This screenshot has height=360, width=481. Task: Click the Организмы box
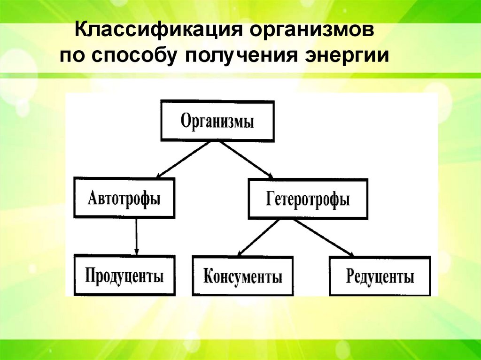click(x=217, y=121)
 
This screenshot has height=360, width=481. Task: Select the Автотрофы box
click(x=124, y=198)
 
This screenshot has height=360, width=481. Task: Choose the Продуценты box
click(x=124, y=275)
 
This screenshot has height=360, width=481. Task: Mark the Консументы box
click(x=242, y=276)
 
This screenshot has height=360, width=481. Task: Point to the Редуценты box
click(x=380, y=276)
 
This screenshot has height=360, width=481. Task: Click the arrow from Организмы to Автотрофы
click(x=183, y=159)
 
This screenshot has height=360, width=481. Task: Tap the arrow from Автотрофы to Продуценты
click(x=136, y=236)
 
